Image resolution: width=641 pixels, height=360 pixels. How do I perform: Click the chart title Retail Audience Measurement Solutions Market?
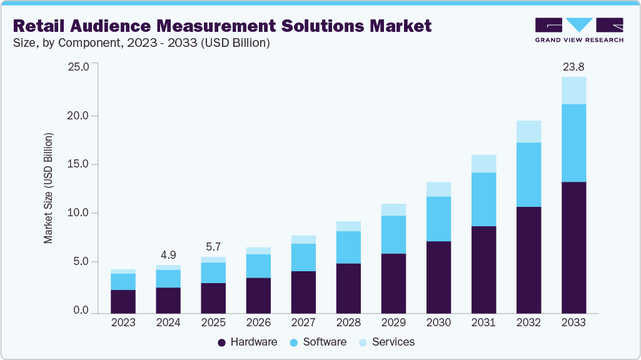click(223, 26)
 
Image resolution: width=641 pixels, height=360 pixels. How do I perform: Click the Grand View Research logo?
click(579, 30)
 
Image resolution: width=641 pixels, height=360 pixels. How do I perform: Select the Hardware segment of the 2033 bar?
click(573, 247)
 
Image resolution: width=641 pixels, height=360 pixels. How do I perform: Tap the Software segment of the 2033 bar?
click(573, 142)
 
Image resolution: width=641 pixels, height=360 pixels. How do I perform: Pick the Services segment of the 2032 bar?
click(528, 131)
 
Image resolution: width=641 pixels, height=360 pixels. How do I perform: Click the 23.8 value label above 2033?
click(573, 66)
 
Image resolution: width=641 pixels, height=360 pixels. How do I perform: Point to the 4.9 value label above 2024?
click(168, 254)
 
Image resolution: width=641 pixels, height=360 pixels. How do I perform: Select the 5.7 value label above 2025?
click(213, 246)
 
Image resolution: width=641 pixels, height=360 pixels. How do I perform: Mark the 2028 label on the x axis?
click(348, 323)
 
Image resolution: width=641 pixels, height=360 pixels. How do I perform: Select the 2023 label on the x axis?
click(123, 323)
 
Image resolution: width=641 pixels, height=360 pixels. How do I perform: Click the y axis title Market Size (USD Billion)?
click(48, 188)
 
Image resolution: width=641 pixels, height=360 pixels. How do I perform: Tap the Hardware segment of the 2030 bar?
click(438, 276)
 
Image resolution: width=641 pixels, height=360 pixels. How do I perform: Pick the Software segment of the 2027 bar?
click(303, 257)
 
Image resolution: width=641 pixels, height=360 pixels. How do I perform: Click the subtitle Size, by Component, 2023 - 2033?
click(141, 43)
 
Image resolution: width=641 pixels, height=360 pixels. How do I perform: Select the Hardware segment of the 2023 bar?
click(123, 301)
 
